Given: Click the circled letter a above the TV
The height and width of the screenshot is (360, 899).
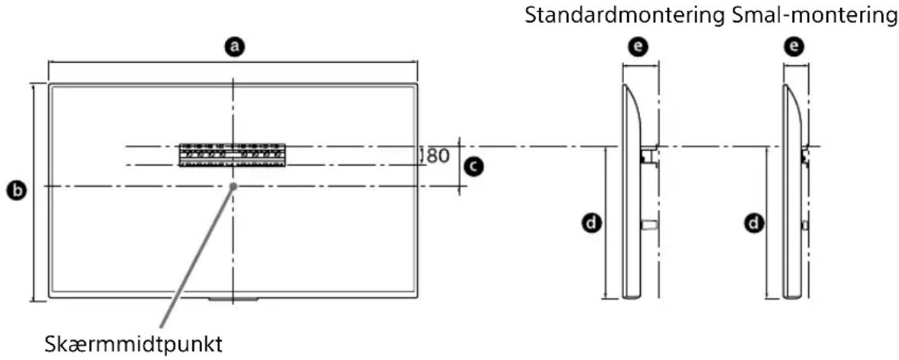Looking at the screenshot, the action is click(x=233, y=48).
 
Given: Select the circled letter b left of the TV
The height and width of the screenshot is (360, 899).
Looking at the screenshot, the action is click(x=14, y=191).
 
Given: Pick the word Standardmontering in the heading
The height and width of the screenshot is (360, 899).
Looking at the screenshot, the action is click(x=626, y=15).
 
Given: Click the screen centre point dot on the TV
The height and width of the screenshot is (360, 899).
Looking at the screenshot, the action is click(x=233, y=186).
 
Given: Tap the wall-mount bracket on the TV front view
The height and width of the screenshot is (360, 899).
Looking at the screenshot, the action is click(x=231, y=154).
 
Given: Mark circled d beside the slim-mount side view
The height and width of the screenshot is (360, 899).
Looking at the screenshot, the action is click(x=749, y=224).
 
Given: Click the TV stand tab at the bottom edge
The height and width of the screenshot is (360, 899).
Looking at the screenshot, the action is click(x=233, y=300).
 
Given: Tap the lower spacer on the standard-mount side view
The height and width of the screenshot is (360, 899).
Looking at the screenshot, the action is click(x=648, y=226).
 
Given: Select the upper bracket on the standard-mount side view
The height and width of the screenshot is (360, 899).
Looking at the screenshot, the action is click(x=648, y=156).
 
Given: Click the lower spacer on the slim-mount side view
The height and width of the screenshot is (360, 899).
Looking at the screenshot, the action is click(x=804, y=226).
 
